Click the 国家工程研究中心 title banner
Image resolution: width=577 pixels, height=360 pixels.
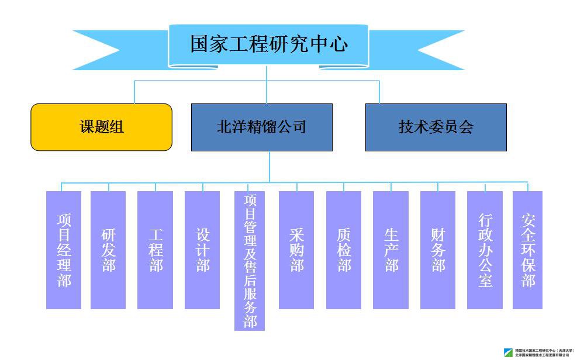tap(268, 45)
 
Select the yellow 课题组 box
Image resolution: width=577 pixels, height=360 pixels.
tap(102, 127)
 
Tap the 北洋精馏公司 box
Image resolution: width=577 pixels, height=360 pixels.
tap(261, 127)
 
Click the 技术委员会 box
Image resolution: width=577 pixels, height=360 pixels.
tap(436, 127)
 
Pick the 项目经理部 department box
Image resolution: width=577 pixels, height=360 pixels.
tap(64, 250)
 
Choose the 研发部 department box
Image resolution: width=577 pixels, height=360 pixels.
tap(108, 250)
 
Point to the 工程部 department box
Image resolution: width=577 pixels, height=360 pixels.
tap(155, 250)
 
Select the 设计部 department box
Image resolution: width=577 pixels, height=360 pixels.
tap(202, 250)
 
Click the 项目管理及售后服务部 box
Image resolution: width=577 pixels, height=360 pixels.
tap(250, 261)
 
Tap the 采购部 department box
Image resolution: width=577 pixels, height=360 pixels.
tap(296, 250)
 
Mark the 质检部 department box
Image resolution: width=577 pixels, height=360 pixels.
tap(344, 250)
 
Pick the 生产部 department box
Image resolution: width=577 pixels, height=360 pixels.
tap(391, 250)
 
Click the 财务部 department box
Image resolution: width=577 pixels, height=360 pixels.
tap(438, 250)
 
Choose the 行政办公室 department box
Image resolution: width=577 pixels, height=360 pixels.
tap(485, 250)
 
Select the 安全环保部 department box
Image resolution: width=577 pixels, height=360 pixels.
tap(527, 250)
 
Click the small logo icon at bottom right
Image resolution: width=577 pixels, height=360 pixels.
tap(509, 352)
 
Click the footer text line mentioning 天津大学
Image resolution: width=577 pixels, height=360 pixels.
tap(544, 350)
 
